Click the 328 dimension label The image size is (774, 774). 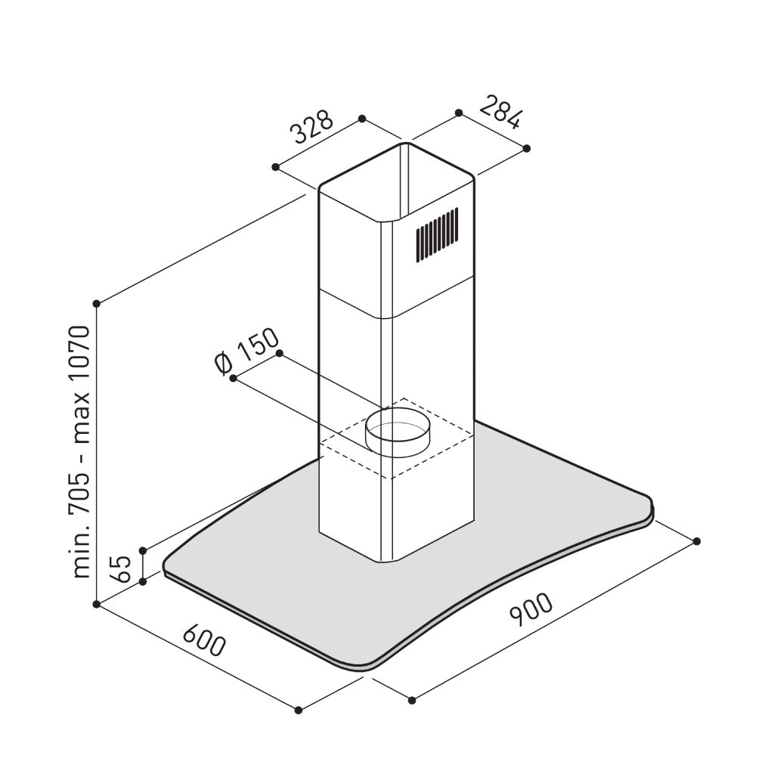click(312, 126)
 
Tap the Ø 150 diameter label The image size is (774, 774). click(247, 351)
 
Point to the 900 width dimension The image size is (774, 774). click(531, 609)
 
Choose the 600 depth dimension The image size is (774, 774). click(204, 641)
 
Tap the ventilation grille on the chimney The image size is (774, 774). click(437, 234)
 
